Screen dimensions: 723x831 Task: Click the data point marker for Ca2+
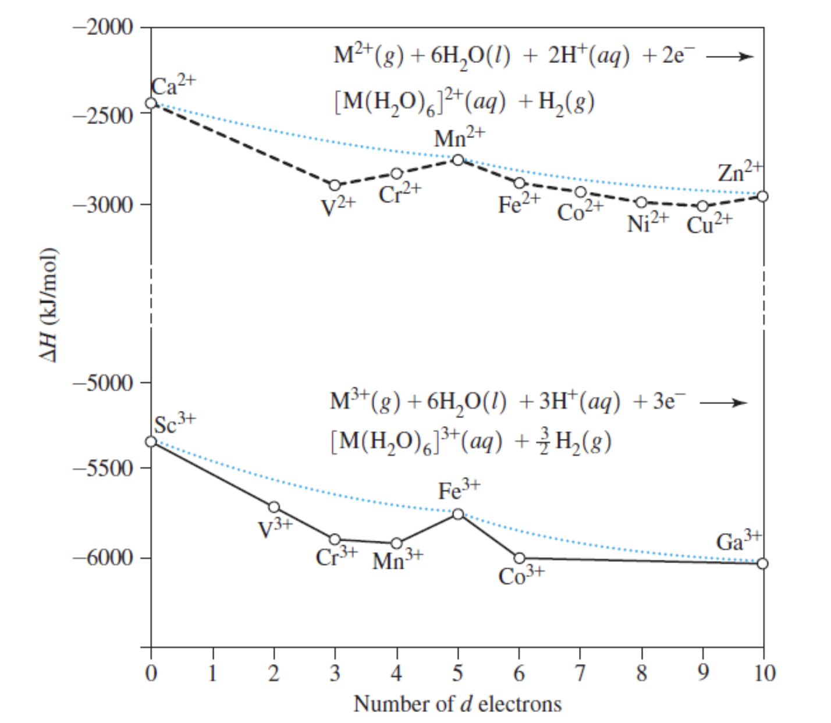point(151,103)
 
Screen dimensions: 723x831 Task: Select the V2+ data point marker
point(335,185)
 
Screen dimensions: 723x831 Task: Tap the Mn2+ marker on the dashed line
point(458,160)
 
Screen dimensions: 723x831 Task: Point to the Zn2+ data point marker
point(763,196)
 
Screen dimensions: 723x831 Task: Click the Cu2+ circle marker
point(702,206)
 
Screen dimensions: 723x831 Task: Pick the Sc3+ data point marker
point(151,441)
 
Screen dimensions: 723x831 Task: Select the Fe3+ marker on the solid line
point(458,514)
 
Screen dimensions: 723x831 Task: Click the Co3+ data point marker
point(519,558)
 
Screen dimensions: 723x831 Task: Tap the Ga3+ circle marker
point(763,563)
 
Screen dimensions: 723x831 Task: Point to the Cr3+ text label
point(336,557)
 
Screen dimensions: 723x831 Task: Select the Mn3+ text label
point(397,560)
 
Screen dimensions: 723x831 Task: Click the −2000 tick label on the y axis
point(102,27)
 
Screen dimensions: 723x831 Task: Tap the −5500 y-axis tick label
point(102,467)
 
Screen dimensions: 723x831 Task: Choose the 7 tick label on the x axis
point(580,674)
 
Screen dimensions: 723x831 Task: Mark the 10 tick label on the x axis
point(764,674)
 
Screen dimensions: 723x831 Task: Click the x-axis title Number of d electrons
point(457,704)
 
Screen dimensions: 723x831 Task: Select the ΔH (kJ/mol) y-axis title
point(51,306)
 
